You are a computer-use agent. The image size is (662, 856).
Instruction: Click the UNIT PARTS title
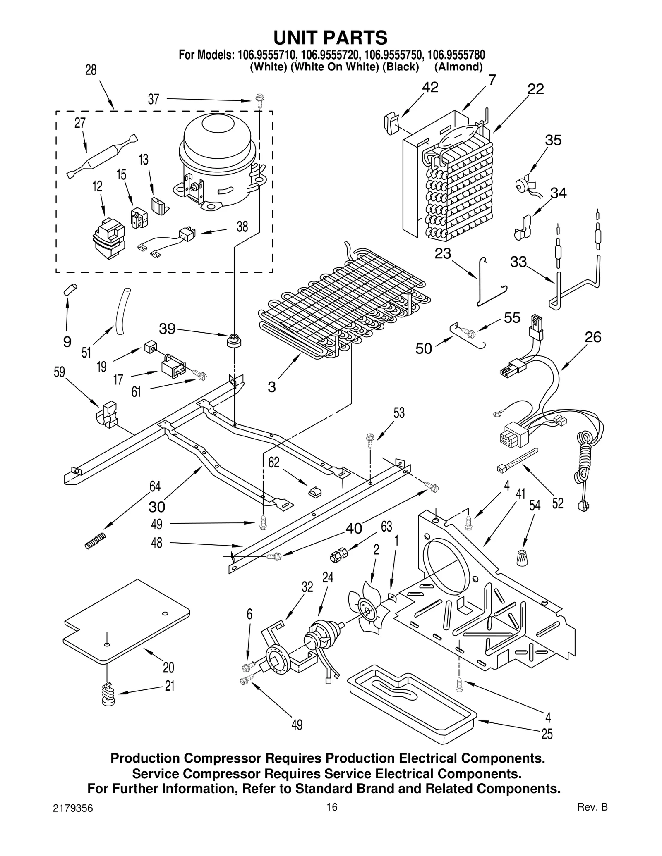pos(330,38)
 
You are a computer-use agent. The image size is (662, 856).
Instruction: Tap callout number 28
pos(91,71)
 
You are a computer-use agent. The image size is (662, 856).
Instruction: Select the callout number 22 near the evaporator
pos(535,89)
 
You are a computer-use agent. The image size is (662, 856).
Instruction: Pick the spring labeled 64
pos(96,541)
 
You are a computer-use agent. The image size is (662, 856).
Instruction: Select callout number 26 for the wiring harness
pos(592,337)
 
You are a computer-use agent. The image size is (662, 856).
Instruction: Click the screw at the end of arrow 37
pos(260,100)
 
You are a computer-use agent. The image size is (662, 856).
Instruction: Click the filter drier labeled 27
pos(102,157)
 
